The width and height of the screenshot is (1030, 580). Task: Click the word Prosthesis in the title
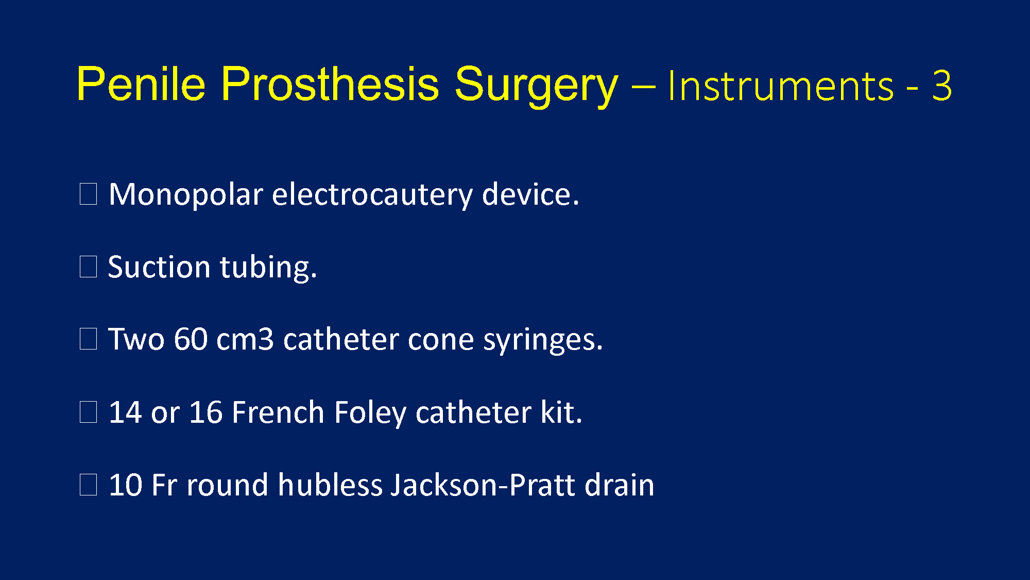330,84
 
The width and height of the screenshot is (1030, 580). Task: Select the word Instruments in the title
781,86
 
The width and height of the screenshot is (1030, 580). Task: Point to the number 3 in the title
942,86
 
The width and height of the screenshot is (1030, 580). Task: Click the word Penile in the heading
141,84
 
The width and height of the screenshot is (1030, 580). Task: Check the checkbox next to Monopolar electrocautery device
89,194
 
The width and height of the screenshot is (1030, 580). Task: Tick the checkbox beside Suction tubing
89,267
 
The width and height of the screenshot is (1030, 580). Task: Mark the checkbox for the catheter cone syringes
89,339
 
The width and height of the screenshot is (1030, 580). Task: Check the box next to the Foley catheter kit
89,412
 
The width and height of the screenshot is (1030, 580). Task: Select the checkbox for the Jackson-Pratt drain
89,485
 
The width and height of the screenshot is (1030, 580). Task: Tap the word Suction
159,267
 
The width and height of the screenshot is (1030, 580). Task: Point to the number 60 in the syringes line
191,340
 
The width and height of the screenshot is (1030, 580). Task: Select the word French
278,412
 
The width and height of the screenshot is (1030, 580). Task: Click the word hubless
330,485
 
